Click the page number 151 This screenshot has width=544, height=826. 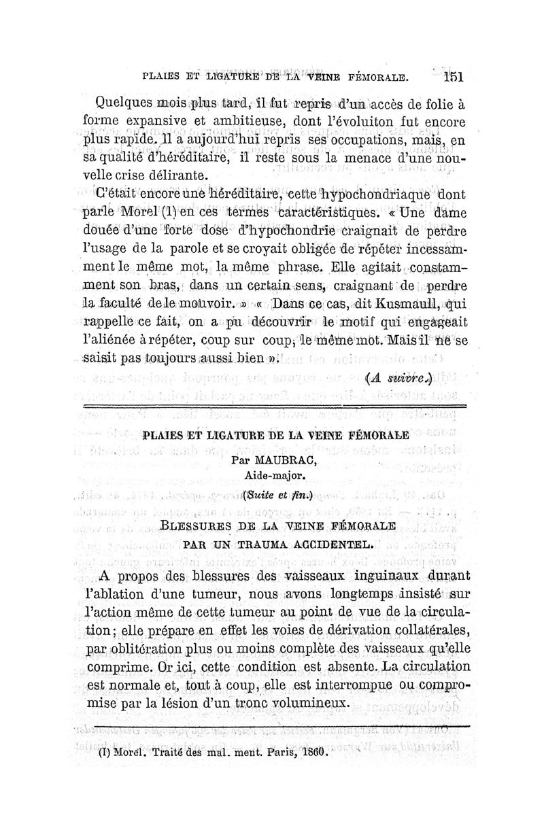(450, 77)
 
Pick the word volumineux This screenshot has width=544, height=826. (310, 703)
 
